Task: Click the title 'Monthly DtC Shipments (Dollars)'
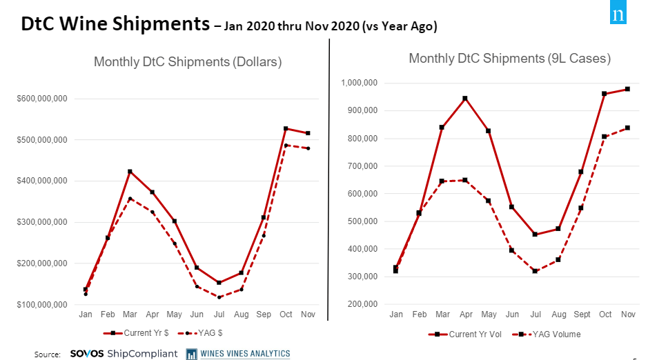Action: coord(188,62)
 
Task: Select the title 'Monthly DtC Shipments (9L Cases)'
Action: coord(509,59)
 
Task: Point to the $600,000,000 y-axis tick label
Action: coord(42,99)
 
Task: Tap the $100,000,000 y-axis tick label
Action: coord(42,305)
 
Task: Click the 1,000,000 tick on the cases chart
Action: coord(359,83)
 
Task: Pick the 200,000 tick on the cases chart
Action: coord(363,304)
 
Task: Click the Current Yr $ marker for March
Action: coord(130,171)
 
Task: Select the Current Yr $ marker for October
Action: coord(286,128)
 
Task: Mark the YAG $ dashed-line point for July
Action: coord(219,297)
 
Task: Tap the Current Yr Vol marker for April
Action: coord(465,99)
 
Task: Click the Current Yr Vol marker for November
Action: coord(627,89)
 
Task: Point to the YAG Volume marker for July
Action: coord(535,271)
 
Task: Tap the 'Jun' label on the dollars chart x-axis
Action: coord(197,314)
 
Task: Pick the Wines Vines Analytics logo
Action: coord(238,354)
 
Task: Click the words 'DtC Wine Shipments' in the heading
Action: coord(115,25)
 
